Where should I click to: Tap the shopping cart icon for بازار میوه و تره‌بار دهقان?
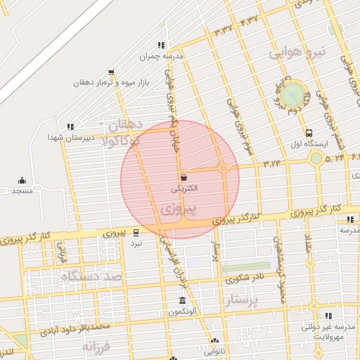(x=111, y=72)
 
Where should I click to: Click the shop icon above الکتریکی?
(x=184, y=177)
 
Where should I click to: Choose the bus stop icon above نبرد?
(x=136, y=232)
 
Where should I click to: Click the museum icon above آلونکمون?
(x=183, y=300)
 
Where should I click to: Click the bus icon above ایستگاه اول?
(x=309, y=133)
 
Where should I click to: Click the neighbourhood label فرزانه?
(x=97, y=346)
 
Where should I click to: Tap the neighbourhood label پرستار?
(x=243, y=301)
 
